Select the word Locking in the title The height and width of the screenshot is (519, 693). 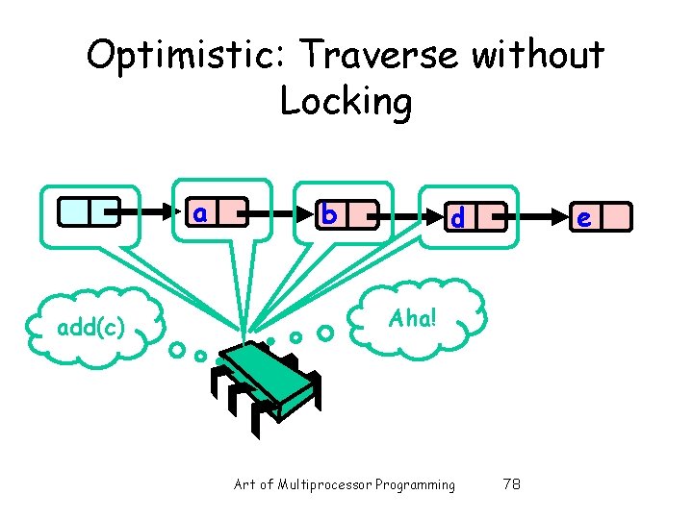click(x=346, y=100)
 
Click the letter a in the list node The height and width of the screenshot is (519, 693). click(x=200, y=211)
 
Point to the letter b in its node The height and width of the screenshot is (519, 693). click(x=329, y=214)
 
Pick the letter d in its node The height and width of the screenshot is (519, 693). click(x=458, y=218)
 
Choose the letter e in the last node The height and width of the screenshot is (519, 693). click(x=583, y=218)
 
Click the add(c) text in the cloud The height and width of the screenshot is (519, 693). click(x=90, y=328)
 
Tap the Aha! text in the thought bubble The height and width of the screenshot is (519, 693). click(x=413, y=318)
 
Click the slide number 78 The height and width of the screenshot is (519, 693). click(x=511, y=484)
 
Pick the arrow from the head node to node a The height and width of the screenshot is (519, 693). click(x=144, y=210)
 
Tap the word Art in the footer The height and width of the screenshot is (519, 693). click(x=244, y=484)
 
